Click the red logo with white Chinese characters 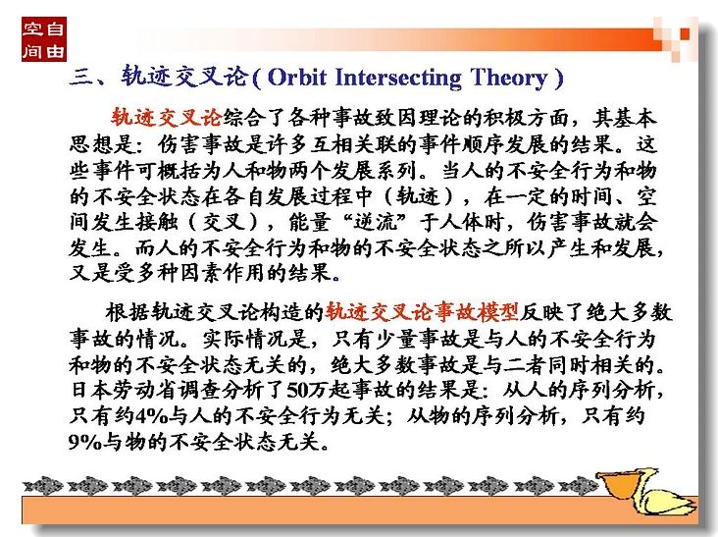tap(44, 39)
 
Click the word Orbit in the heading tap(296, 77)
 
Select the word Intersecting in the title tap(398, 78)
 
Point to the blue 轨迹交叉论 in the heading tap(185, 76)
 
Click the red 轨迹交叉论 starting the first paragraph tap(167, 117)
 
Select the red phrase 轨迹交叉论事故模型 tap(422, 312)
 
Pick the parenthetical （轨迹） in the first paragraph tap(419, 196)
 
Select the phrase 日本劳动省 tap(124, 390)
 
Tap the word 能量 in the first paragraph tap(309, 222)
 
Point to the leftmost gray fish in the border tap(43, 486)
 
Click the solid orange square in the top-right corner tap(684, 33)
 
